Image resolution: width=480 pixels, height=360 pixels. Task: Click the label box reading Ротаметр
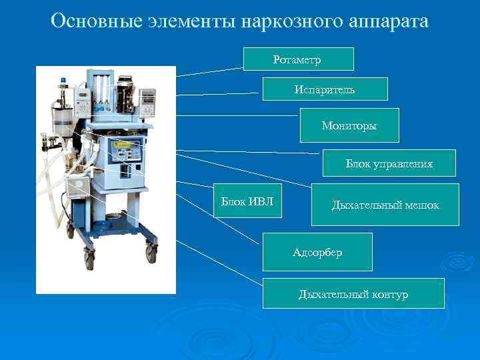(x=297, y=59)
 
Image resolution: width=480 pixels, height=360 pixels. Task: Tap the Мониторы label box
(x=349, y=125)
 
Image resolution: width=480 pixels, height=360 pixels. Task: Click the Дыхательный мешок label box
(x=385, y=205)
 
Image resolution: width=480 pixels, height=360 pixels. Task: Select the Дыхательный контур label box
(x=353, y=294)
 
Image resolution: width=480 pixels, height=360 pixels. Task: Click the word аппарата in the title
(x=390, y=21)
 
